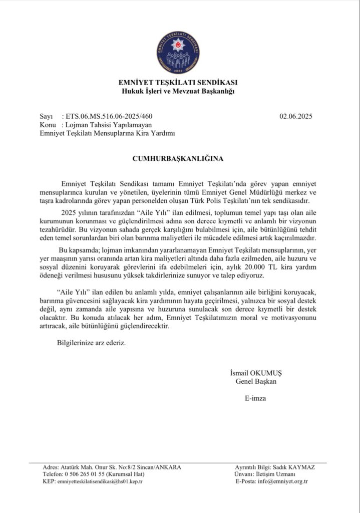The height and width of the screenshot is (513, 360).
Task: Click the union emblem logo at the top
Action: pos(178,53)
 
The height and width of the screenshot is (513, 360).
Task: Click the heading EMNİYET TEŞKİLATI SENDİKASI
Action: pos(178,82)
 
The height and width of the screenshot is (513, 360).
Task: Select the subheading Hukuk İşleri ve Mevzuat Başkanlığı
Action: pos(178,91)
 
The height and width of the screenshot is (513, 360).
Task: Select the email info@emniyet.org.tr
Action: pos(286,481)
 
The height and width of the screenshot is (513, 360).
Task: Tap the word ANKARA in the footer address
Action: pos(168,467)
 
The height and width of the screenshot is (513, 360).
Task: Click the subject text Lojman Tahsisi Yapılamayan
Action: pos(106,125)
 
